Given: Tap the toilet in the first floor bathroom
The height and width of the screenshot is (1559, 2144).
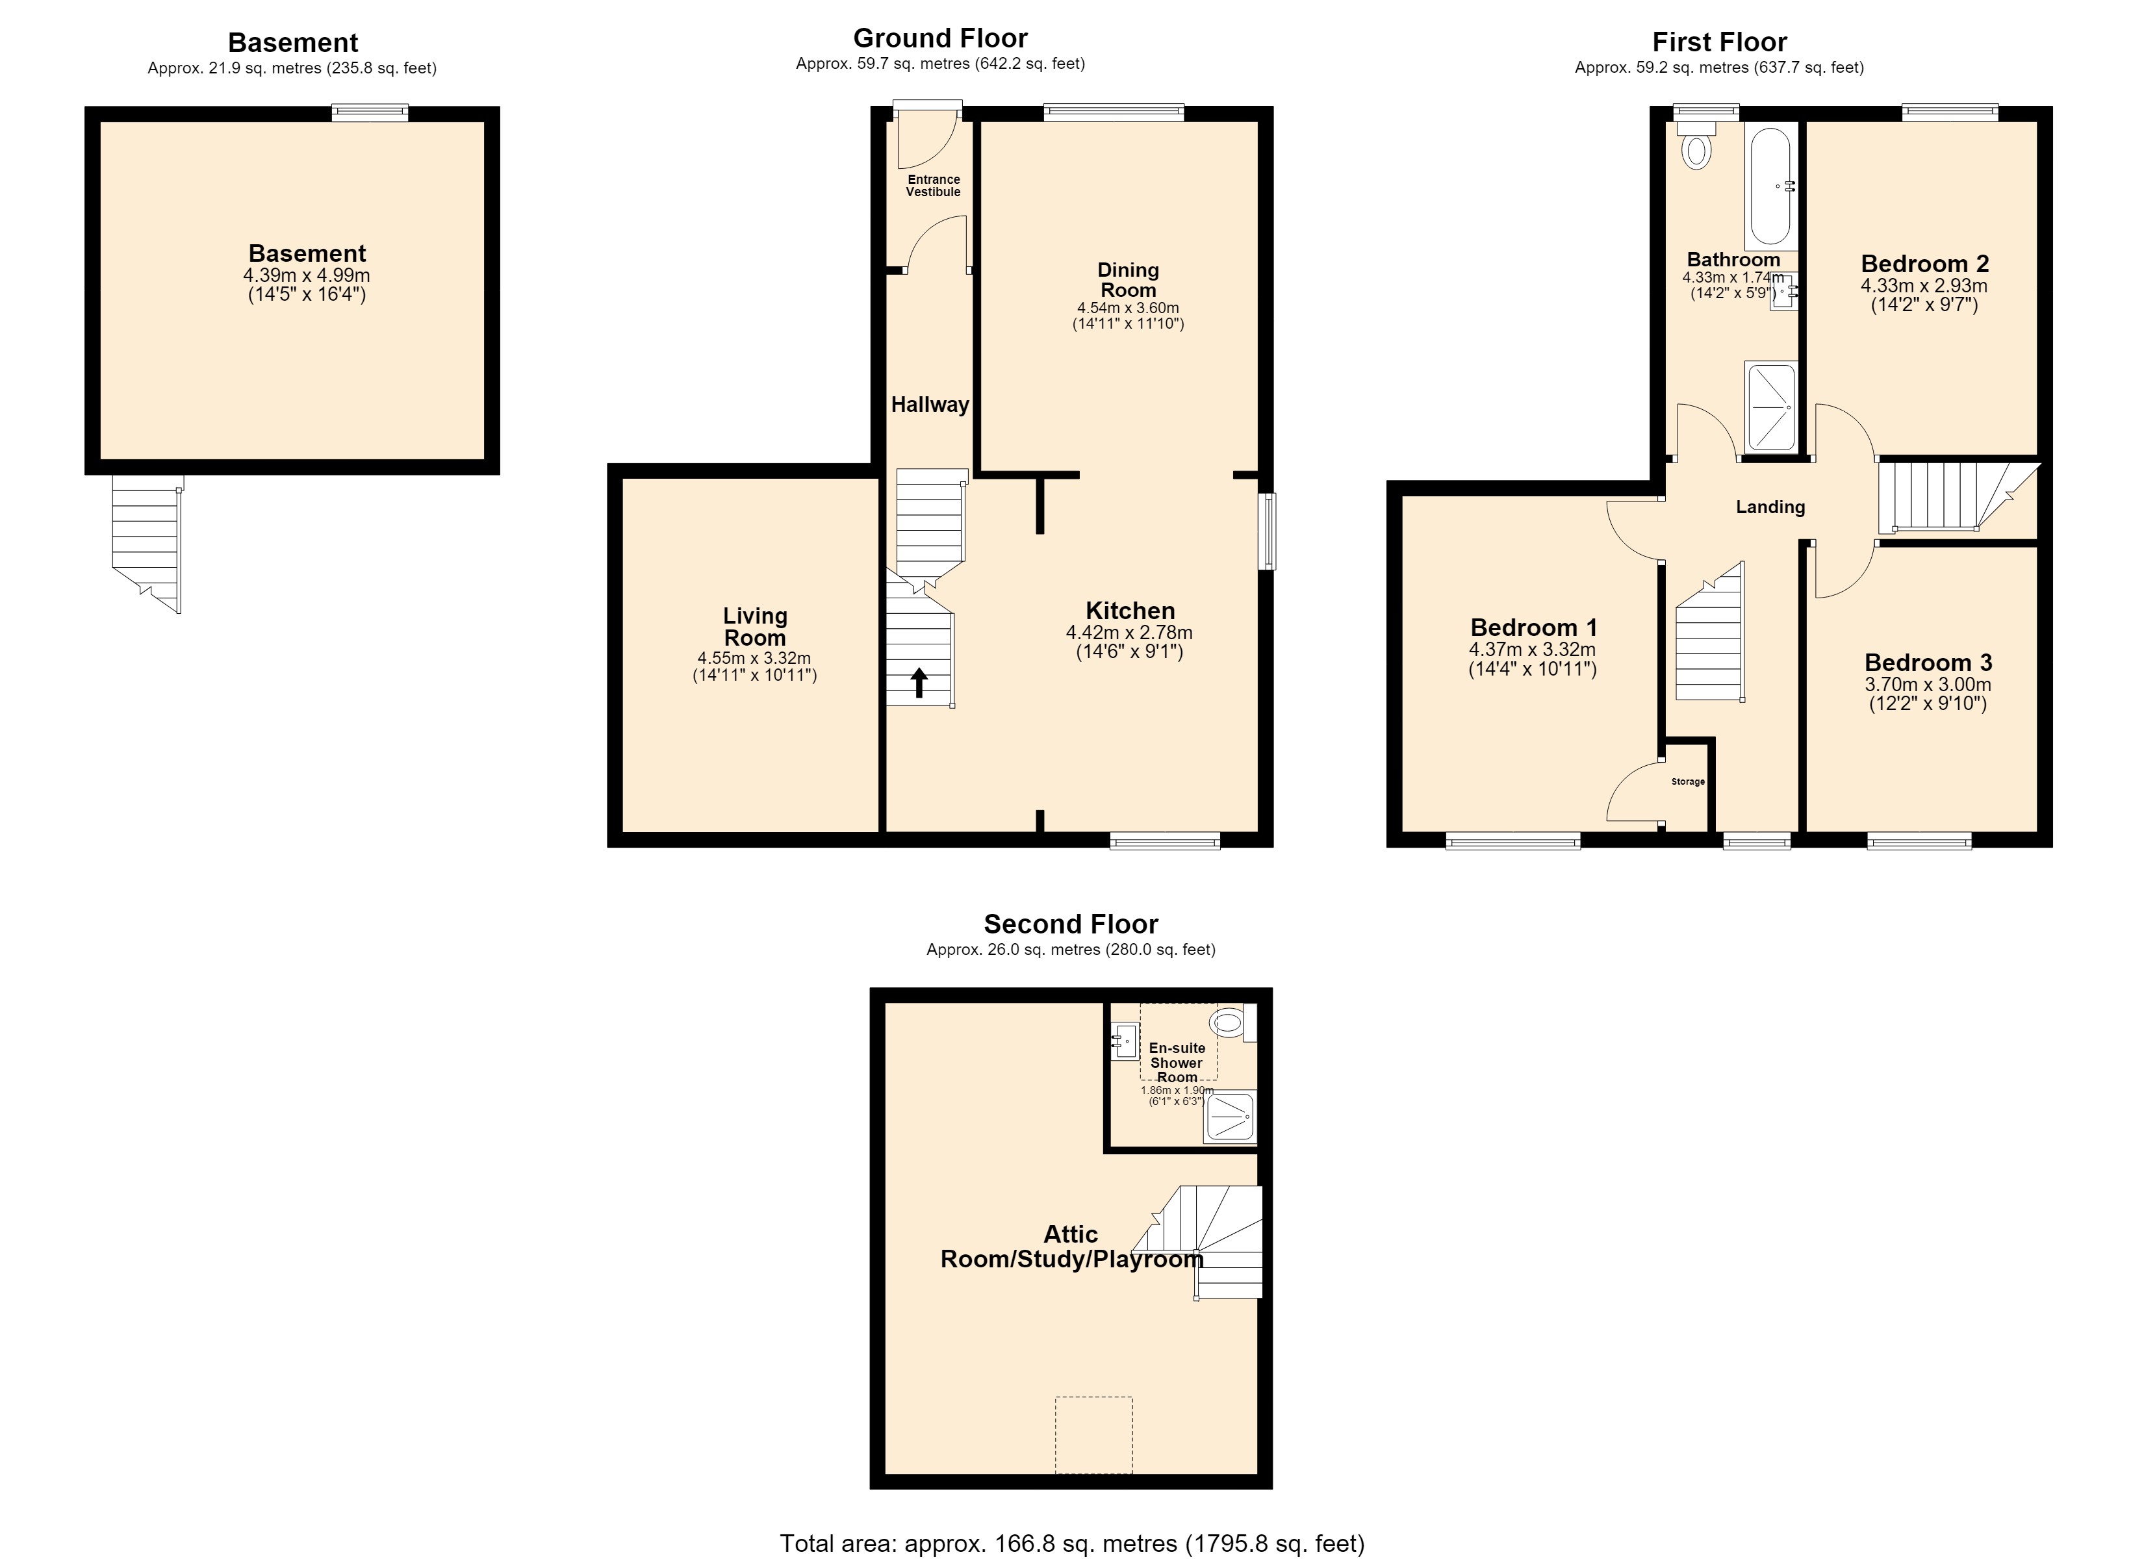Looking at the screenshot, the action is tap(1697, 144).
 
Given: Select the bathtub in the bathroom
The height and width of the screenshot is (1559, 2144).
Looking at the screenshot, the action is tap(1770, 188).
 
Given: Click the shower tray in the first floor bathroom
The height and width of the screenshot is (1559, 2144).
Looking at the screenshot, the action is tap(1770, 407).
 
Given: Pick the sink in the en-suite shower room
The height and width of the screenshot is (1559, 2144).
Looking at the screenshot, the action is tap(1124, 1043).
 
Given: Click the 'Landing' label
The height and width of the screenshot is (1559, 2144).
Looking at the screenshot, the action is tap(1770, 507).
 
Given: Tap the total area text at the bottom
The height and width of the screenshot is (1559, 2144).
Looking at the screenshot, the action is tap(1072, 1544).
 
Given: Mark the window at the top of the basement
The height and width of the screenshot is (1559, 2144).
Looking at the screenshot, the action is tap(370, 112).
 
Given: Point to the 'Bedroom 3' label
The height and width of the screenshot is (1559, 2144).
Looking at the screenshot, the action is tap(1928, 663).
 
